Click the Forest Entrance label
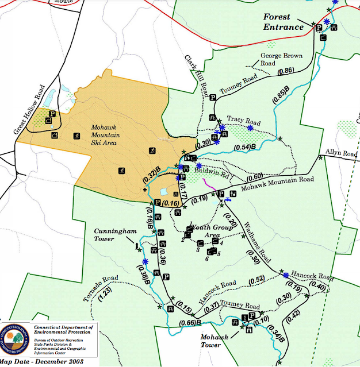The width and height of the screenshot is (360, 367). [284, 22]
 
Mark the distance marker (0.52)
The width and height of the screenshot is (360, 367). [257, 279]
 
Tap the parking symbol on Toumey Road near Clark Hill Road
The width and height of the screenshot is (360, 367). [212, 98]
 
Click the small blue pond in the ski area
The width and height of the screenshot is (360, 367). [164, 191]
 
